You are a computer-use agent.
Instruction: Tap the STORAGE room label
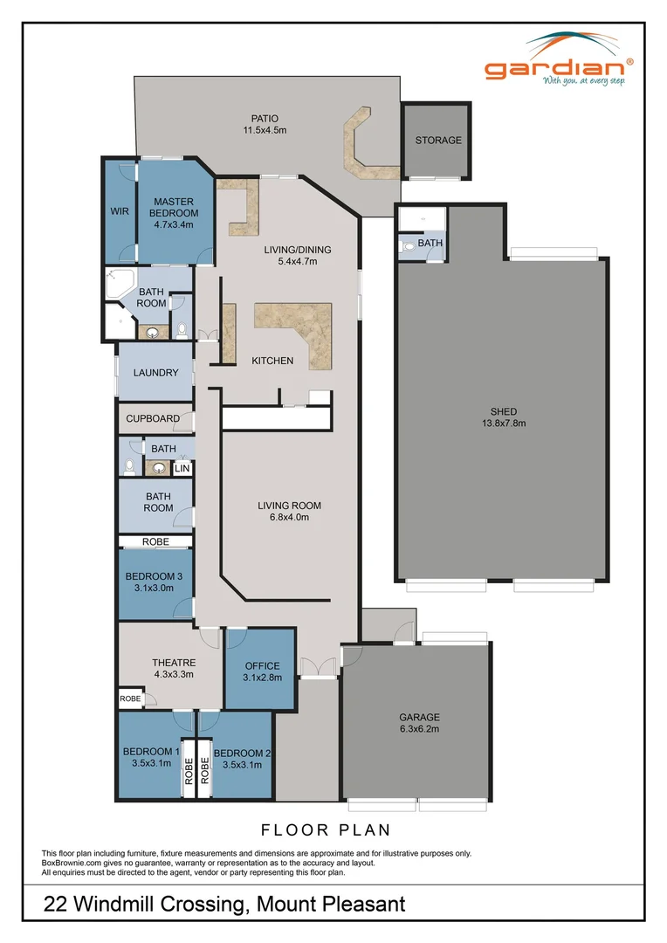click(x=438, y=141)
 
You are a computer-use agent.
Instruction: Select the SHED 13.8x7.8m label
click(x=504, y=417)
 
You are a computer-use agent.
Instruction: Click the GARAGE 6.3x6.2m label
click(x=420, y=722)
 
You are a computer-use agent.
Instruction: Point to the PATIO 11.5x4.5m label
click(x=265, y=124)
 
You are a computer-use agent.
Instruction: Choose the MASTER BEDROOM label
click(x=173, y=213)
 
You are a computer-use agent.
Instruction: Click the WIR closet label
click(x=120, y=211)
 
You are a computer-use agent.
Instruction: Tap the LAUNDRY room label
click(x=156, y=373)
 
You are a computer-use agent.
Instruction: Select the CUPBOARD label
click(x=153, y=419)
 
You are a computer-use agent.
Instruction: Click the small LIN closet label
click(x=182, y=469)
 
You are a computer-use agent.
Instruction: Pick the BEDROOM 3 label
click(x=154, y=582)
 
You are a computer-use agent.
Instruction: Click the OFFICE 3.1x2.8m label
click(x=262, y=671)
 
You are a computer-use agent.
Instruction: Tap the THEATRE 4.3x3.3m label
click(x=173, y=668)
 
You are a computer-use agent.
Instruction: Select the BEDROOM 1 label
click(x=152, y=758)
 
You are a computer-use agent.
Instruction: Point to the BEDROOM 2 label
click(x=237, y=759)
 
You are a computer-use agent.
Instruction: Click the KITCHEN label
click(x=272, y=361)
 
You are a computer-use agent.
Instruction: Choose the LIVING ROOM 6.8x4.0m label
click(x=289, y=511)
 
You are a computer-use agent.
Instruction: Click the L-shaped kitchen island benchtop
click(x=306, y=325)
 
